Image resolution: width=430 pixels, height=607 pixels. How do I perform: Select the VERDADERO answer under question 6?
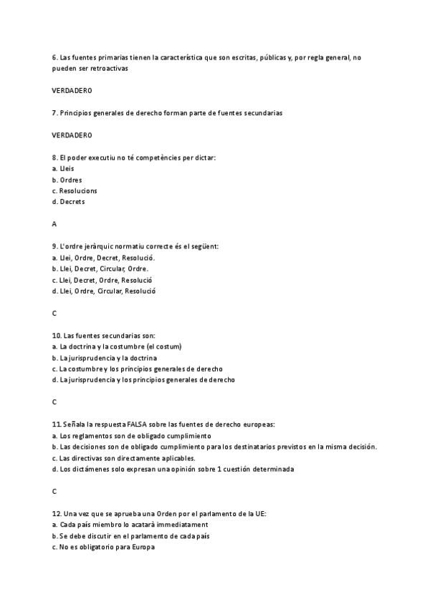72,91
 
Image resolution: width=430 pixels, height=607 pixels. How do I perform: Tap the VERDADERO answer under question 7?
72,135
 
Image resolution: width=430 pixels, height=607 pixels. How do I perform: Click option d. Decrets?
68,202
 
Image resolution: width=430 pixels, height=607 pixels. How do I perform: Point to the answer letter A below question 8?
54,224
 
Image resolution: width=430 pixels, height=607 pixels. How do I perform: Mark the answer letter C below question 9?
54,313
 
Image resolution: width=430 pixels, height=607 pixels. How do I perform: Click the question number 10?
57,335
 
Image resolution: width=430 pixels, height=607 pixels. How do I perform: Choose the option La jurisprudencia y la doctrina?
105,357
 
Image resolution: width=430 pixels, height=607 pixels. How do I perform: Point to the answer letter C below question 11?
54,491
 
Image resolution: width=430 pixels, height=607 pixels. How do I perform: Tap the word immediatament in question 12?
180,525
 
